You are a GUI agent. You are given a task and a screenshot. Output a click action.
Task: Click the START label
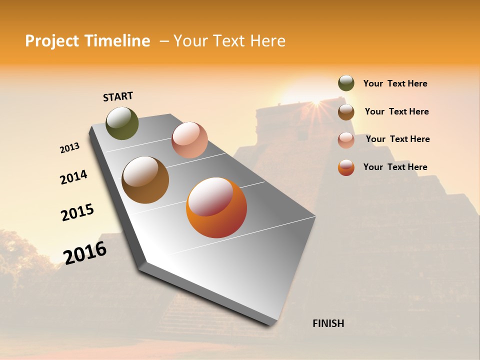click(118, 96)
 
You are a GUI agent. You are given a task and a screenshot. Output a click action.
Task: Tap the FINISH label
click(328, 323)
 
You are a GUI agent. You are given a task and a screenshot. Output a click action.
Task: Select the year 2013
click(69, 148)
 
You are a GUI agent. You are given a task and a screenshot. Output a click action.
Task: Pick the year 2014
click(73, 177)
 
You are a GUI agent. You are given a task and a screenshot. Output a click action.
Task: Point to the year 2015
click(77, 212)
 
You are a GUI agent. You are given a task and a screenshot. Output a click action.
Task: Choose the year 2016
click(85, 252)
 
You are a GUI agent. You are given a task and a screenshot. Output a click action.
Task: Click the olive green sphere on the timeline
click(122, 123)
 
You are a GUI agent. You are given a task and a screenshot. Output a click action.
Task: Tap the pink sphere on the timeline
click(189, 139)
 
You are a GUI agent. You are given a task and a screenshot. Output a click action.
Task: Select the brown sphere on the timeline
click(145, 180)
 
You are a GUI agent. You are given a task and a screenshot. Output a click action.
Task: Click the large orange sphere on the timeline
click(216, 207)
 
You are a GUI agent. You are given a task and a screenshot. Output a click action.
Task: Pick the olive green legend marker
click(346, 83)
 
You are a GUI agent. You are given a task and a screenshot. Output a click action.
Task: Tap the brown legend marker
click(346, 111)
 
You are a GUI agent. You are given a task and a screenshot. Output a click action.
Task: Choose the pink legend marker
click(346, 139)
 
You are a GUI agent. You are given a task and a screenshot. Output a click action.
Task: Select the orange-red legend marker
click(346, 167)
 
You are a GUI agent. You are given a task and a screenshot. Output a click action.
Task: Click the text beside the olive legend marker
click(395, 83)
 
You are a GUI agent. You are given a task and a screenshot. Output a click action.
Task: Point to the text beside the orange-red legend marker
click(395, 167)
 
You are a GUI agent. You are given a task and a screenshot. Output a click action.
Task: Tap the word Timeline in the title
click(118, 41)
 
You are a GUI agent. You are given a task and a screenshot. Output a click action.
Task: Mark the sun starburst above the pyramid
click(316, 102)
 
